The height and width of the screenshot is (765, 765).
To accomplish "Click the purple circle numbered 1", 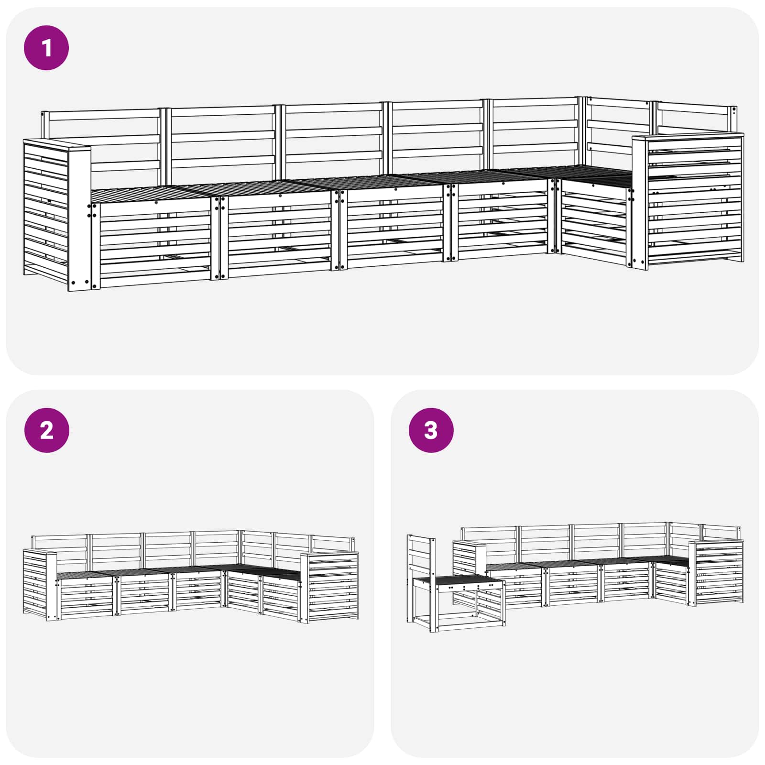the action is click(46, 48).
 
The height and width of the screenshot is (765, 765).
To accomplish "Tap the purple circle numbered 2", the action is click(46, 430).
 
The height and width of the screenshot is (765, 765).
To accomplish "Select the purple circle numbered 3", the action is click(431, 430).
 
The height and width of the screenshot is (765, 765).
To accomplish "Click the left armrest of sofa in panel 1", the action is click(57, 214).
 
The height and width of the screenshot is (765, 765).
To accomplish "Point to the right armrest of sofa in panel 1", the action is click(688, 201).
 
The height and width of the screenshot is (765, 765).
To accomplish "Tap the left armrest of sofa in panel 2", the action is click(40, 585).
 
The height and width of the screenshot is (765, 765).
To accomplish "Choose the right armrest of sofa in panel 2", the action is click(329, 588).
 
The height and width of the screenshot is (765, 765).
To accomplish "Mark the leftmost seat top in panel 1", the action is click(151, 195).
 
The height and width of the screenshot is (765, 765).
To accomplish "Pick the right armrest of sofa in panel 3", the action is click(716, 573).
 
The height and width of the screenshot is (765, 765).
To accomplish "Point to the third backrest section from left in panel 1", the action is click(333, 139).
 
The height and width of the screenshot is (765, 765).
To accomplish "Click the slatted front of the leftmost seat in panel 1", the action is click(152, 245).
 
